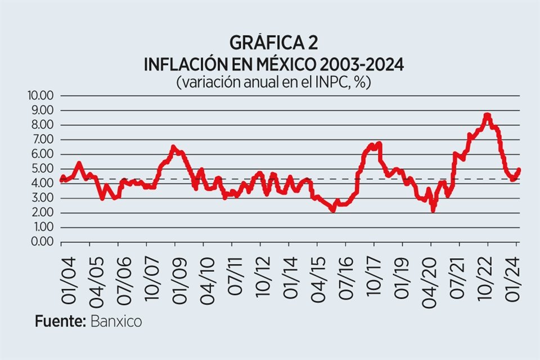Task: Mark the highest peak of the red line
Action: coord(487,115)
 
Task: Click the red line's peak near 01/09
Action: coord(174,147)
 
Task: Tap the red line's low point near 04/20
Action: coord(433,210)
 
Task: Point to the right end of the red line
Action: coord(519,170)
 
